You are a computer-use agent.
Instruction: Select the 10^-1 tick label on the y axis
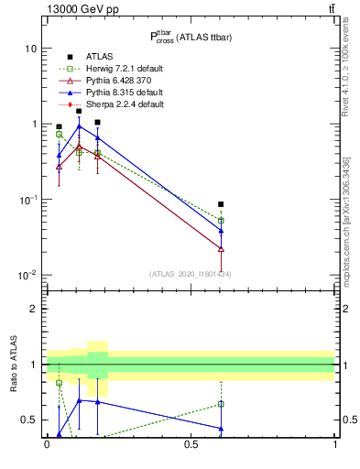click(x=27, y=199)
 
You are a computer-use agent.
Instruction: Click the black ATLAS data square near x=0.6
click(x=221, y=204)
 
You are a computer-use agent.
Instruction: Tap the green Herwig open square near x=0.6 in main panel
click(x=221, y=221)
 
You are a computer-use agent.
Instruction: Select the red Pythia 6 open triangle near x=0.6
click(x=221, y=248)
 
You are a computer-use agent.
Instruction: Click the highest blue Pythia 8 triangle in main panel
click(x=79, y=127)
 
